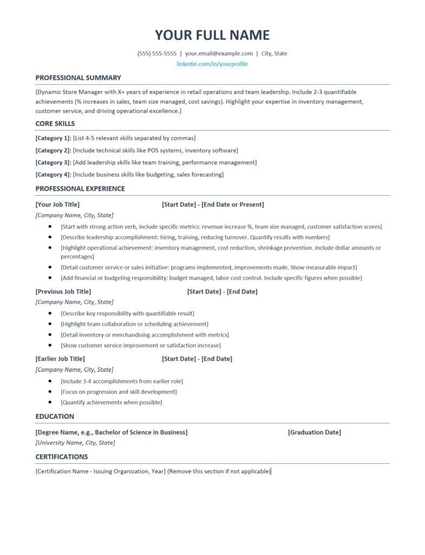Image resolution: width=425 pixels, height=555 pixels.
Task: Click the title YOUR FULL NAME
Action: click(212, 35)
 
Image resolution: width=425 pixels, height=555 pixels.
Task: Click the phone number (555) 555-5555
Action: click(157, 54)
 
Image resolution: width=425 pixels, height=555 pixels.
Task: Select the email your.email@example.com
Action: click(219, 54)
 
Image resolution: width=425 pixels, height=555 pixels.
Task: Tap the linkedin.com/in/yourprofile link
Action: click(212, 64)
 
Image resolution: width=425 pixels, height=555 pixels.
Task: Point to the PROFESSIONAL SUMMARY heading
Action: click(79, 78)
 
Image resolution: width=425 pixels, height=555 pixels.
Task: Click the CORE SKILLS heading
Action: click(55, 124)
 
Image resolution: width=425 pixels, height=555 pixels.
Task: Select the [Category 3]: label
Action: click(54, 163)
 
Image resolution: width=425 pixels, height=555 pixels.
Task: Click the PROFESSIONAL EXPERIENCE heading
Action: click(80, 189)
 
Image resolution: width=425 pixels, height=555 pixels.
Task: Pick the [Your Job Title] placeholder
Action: click(57, 204)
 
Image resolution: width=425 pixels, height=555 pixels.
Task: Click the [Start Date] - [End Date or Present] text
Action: click(213, 204)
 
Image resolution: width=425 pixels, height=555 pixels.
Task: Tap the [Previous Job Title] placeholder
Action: click(63, 292)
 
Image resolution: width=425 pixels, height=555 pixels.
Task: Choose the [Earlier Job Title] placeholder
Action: click(60, 359)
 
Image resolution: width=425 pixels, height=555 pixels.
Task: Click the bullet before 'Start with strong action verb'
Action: click(50, 227)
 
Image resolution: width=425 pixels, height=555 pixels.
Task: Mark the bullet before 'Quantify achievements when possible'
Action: click(50, 402)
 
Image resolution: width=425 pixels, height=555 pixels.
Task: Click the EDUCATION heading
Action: click(55, 416)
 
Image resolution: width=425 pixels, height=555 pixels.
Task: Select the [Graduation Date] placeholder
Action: click(315, 433)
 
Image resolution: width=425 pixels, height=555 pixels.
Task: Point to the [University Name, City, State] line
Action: click(75, 443)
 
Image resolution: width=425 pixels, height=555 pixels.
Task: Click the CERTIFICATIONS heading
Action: click(62, 457)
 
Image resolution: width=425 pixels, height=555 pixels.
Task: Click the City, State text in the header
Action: click(274, 54)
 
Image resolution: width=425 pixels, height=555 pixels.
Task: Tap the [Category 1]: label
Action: click(54, 138)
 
